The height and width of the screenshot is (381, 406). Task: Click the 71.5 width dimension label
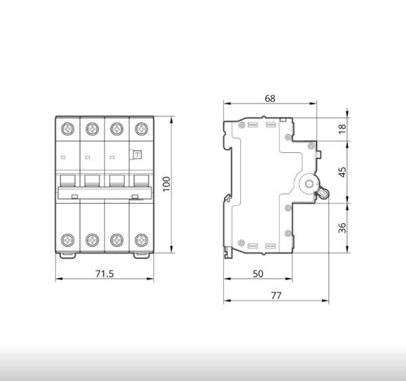point(104,273)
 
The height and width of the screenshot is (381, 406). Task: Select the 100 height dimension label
point(166,184)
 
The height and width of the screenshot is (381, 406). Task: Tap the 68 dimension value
point(270,98)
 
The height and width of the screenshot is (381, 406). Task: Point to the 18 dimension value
point(342,129)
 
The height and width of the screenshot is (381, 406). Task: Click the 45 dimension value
point(342,172)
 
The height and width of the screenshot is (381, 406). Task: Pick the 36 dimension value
point(342,227)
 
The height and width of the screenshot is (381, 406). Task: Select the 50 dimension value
point(258,274)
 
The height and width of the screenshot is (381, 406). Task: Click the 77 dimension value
point(276,296)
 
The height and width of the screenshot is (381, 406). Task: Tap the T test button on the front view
point(137,155)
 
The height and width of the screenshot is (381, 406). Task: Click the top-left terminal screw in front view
point(68,129)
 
